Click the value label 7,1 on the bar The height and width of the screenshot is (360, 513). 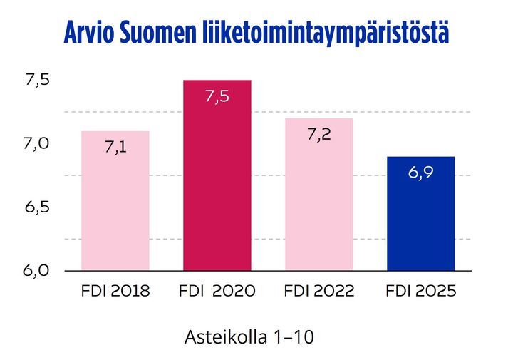(x=115, y=148)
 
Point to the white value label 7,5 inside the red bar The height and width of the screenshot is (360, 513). (x=217, y=97)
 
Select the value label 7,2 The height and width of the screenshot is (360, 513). (x=318, y=135)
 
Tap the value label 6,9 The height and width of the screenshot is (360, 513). (x=420, y=173)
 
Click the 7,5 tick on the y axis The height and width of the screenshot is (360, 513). (x=36, y=80)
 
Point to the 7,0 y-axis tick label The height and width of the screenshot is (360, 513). (x=36, y=143)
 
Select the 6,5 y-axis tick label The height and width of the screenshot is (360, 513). (x=36, y=207)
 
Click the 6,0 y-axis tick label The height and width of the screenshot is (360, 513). (x=36, y=270)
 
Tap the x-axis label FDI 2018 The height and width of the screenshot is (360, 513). (x=115, y=291)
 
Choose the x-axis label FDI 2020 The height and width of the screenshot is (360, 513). (x=217, y=291)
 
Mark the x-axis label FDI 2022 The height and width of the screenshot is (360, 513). (x=318, y=291)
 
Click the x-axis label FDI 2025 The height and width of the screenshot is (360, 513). (x=420, y=291)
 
